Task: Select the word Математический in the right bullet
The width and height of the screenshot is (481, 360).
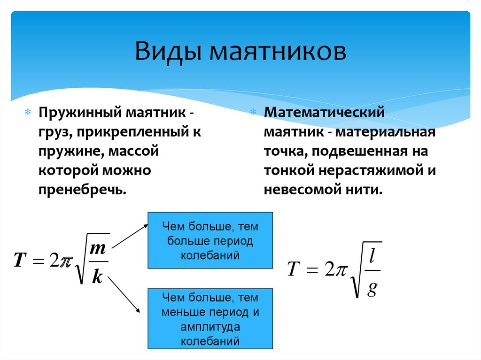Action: tap(324, 112)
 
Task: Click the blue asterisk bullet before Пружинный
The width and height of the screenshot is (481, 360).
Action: tap(28, 112)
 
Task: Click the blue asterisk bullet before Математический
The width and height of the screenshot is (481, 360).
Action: tap(253, 112)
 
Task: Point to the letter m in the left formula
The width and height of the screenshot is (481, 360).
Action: tap(98, 248)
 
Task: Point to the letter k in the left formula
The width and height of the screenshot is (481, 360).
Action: tap(97, 276)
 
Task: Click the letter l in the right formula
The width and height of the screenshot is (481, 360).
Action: tap(372, 255)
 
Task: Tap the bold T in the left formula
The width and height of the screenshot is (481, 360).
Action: tap(20, 260)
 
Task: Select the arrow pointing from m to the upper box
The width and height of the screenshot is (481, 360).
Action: tap(130, 236)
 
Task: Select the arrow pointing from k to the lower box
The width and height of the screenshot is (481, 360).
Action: tap(124, 295)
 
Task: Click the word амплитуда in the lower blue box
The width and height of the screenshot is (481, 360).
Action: tap(210, 327)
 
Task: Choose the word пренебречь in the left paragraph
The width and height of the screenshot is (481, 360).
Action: tap(82, 190)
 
